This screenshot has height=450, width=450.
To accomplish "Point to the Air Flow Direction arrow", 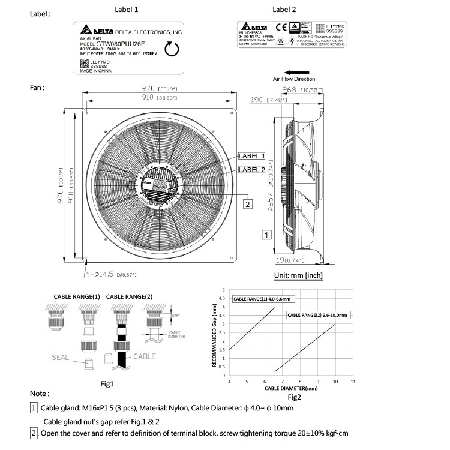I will [x=293, y=70].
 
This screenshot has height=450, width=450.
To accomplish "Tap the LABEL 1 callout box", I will [x=251, y=156].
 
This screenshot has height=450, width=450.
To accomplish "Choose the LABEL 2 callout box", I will [x=251, y=169].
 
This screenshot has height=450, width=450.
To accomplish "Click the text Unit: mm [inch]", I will [x=298, y=275].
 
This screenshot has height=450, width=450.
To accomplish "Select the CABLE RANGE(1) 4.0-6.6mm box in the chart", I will [x=261, y=298].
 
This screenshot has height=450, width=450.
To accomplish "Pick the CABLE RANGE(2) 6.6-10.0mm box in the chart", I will [x=317, y=314].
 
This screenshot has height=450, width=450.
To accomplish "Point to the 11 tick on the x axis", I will [x=353, y=381].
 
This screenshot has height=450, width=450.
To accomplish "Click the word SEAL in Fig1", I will [x=60, y=358].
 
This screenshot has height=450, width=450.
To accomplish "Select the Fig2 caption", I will [x=294, y=397].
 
